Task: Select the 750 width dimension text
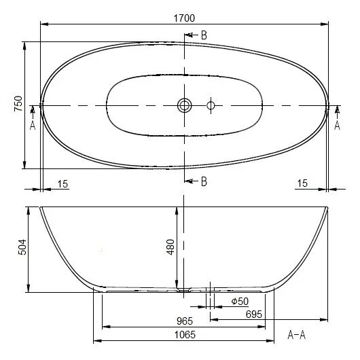tap(18, 104)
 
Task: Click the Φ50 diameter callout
tap(240, 302)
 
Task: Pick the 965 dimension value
tap(184, 321)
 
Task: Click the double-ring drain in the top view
tap(185, 105)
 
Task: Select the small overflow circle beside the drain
tap(211, 105)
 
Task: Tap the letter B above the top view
tap(204, 35)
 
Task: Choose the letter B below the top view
tap(203, 180)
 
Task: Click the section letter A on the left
tap(32, 125)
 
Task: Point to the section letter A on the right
tap(338, 125)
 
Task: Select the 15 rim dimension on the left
tap(62, 183)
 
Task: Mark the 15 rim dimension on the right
tap(303, 183)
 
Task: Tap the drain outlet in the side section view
tap(183, 290)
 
